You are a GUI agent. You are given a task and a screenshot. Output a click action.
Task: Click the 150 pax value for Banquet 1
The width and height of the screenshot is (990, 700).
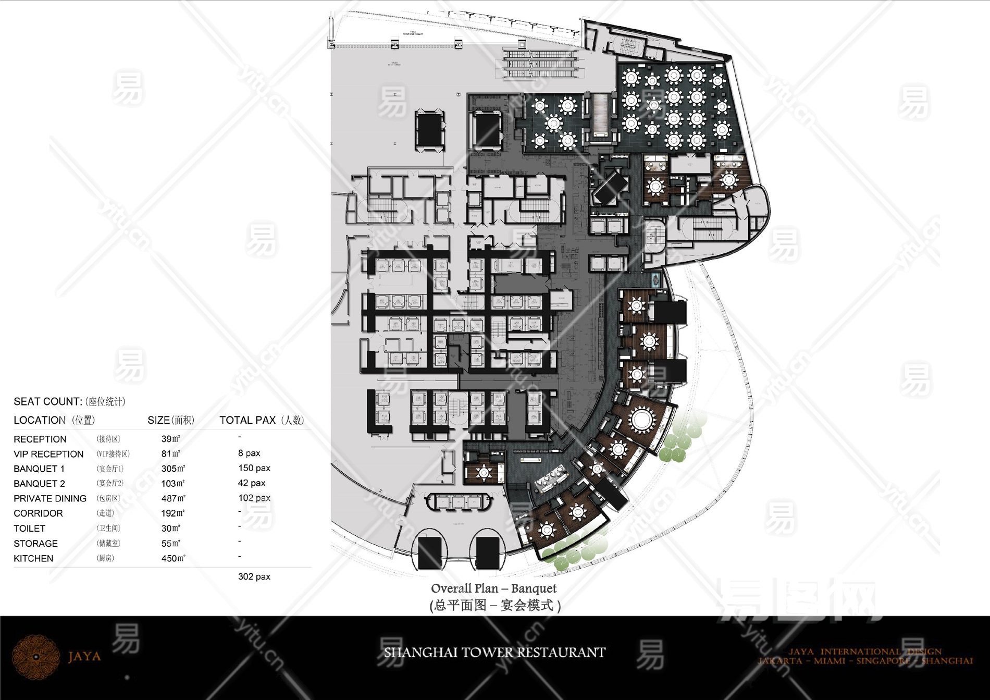(254, 468)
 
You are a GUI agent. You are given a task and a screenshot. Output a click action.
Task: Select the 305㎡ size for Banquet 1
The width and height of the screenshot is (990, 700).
(173, 469)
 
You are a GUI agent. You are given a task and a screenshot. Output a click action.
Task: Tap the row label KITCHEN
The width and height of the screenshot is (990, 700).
(33, 558)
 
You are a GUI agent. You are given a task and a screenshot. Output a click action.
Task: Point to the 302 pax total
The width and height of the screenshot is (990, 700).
(254, 576)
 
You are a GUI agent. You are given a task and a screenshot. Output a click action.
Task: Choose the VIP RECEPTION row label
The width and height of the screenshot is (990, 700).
(48, 454)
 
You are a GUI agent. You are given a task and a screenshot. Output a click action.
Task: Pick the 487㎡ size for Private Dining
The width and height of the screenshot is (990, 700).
(173, 498)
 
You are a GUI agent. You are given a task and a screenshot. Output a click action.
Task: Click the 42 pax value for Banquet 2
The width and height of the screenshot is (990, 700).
(251, 483)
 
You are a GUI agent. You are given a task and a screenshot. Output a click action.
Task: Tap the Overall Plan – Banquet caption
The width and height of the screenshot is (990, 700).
(493, 588)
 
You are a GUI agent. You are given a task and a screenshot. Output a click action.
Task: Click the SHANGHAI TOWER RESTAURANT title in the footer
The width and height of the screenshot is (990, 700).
(494, 653)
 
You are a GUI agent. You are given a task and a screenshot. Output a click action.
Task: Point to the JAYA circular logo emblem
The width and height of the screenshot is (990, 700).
(36, 657)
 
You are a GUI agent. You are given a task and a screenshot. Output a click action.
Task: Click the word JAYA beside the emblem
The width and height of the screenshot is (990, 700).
(84, 656)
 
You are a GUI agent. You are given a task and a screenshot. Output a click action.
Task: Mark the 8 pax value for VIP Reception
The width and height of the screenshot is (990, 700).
(249, 453)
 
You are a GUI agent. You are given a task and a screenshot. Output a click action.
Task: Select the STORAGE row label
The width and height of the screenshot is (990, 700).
(35, 543)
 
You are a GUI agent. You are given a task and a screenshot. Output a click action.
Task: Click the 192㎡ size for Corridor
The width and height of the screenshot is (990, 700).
(173, 513)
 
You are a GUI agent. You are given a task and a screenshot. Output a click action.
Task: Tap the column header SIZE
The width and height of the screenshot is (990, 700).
(170, 420)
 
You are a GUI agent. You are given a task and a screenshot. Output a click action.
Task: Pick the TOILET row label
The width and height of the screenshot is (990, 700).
(29, 529)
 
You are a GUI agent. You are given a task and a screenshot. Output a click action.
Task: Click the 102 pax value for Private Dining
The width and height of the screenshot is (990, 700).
(254, 498)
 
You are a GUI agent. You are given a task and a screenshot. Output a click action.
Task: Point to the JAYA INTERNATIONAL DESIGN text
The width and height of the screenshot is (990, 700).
(865, 652)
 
